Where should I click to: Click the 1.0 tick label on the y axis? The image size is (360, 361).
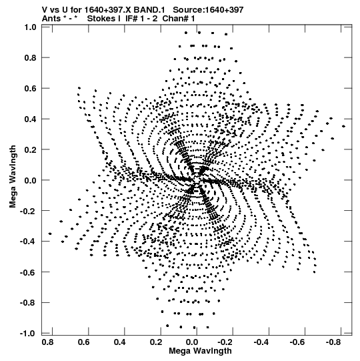click(x=31, y=27)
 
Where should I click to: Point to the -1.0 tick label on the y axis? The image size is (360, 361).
click(x=29, y=334)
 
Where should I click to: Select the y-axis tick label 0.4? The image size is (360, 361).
click(x=31, y=119)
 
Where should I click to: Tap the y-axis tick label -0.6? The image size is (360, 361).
click(x=29, y=272)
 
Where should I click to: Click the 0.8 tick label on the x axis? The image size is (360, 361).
click(x=48, y=342)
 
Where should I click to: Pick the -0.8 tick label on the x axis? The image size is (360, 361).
click(x=333, y=342)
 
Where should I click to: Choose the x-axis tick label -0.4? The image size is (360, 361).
click(x=261, y=342)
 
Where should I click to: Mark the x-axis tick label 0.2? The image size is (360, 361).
click(x=156, y=342)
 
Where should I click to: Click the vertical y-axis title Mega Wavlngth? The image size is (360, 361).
click(x=13, y=177)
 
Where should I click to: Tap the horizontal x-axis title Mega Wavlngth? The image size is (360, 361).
click(x=200, y=351)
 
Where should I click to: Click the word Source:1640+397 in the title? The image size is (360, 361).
click(x=208, y=10)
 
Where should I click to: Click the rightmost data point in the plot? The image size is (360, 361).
click(x=343, y=126)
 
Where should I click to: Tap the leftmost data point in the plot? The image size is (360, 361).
click(x=50, y=234)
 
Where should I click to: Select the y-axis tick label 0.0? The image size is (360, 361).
click(x=31, y=180)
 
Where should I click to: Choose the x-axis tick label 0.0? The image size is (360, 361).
click(x=192, y=342)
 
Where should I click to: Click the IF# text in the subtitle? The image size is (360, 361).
click(x=131, y=19)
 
